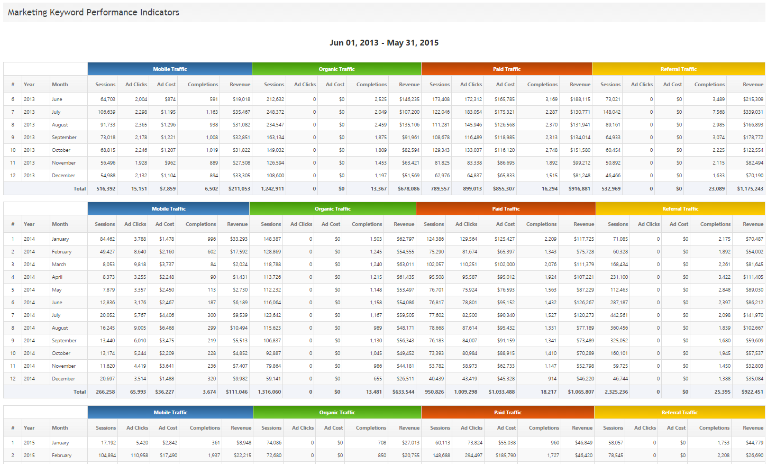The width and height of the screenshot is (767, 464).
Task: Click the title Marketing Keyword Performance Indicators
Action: click(x=94, y=12)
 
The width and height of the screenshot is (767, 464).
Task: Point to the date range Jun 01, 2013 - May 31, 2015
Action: click(x=384, y=43)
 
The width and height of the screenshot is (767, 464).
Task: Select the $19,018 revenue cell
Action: click(x=241, y=99)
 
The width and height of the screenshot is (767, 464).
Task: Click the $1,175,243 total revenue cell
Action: click(x=750, y=189)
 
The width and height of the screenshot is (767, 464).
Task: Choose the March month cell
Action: click(x=59, y=265)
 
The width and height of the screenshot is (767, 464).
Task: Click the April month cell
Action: click(x=57, y=277)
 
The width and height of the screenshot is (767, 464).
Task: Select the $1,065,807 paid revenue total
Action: click(x=581, y=392)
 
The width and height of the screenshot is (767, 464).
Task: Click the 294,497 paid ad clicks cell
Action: click(x=471, y=456)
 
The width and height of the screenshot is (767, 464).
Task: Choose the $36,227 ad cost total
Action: click(x=165, y=392)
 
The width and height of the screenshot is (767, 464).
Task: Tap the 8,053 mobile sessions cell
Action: click(x=108, y=265)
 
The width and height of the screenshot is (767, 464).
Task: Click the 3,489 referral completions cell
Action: click(x=718, y=99)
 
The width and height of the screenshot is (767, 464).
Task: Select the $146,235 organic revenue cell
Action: click(x=409, y=99)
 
